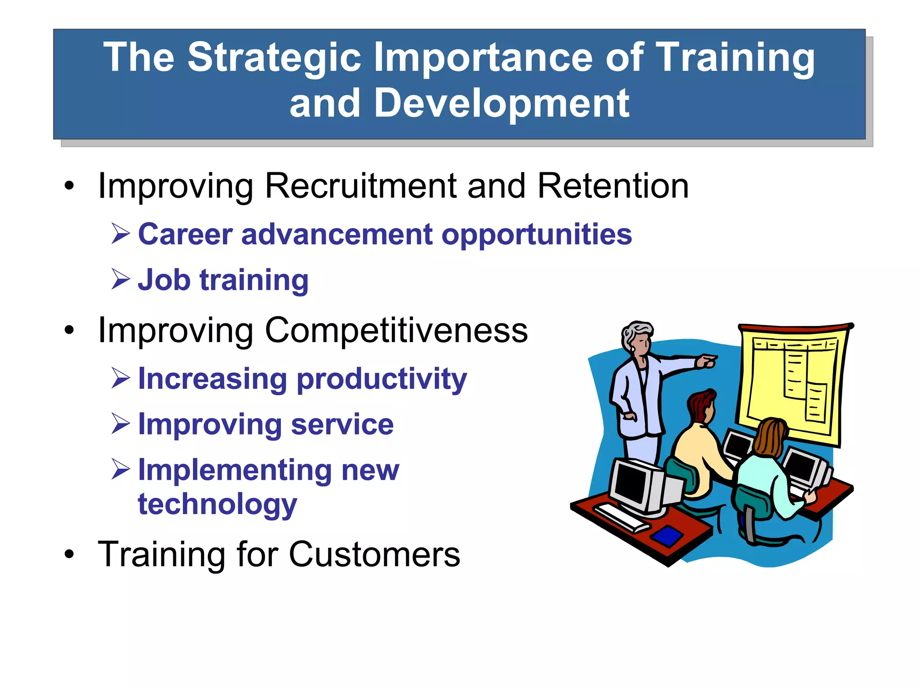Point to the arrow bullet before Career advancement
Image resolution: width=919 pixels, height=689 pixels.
pyautogui.click(x=120, y=234)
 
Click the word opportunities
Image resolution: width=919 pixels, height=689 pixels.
pyautogui.click(x=536, y=235)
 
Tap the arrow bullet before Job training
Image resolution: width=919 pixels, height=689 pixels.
pyautogui.click(x=120, y=279)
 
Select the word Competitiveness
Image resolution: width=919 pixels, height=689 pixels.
pyautogui.click(x=396, y=331)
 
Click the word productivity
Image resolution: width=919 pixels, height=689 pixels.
pyautogui.click(x=381, y=379)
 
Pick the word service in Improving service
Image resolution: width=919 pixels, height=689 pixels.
pyautogui.click(x=342, y=424)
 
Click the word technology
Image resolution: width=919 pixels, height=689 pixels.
pyautogui.click(x=217, y=505)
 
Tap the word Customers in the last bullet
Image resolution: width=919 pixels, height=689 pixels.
pyautogui.click(x=374, y=555)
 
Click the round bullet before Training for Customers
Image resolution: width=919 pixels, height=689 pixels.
pyautogui.click(x=69, y=554)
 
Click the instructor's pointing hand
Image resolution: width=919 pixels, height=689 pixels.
pyautogui.click(x=706, y=361)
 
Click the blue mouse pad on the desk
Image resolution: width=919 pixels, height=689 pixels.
pyautogui.click(x=667, y=535)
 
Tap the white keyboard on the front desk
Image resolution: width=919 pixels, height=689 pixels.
pyautogui.click(x=621, y=517)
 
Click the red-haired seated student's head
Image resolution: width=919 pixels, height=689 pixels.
pyautogui.click(x=701, y=406)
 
